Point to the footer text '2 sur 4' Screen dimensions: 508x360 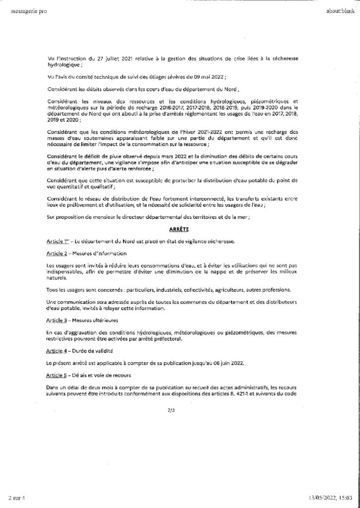(16, 497)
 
